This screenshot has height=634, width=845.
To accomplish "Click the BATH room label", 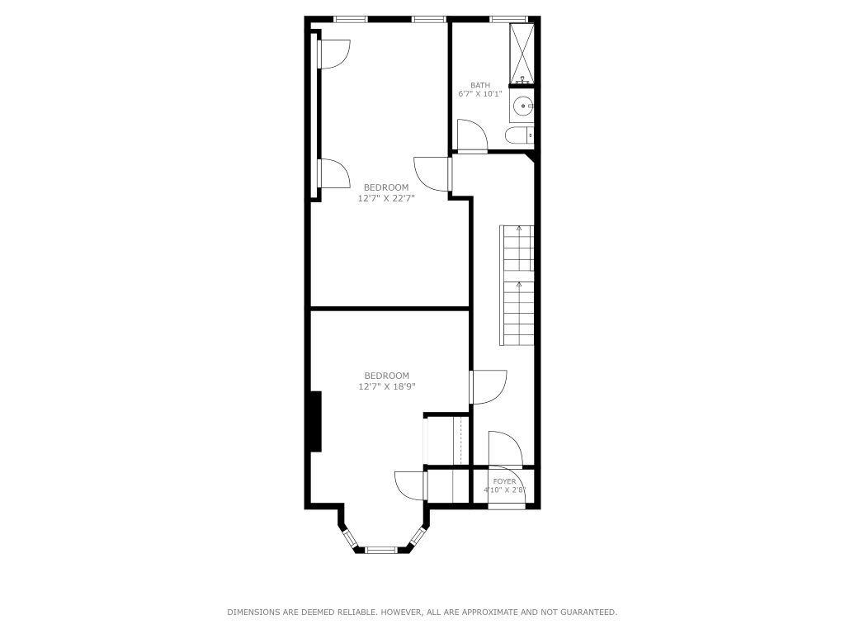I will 480,85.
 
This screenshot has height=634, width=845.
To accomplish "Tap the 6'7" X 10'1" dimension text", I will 480,94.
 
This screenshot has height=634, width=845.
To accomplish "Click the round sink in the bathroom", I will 522,106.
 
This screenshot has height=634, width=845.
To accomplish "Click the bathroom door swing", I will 471,136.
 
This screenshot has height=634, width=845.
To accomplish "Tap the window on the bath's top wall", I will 508,19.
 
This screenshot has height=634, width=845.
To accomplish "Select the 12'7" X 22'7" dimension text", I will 386,198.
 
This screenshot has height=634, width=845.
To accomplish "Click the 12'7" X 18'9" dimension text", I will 386,386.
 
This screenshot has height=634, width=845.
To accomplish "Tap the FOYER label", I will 504,481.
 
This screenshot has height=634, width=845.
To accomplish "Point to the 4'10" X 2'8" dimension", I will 504,490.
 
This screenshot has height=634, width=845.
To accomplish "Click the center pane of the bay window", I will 382,549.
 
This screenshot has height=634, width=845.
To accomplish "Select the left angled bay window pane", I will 350,538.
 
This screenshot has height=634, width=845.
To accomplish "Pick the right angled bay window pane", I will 417,538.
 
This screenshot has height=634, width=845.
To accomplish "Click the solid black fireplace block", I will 314,422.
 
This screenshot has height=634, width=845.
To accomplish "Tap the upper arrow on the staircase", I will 519,227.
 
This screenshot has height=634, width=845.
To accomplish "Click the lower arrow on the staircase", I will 519,284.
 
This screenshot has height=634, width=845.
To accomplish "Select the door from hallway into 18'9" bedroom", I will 489,387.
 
